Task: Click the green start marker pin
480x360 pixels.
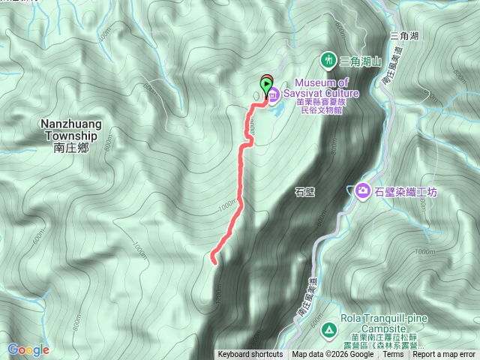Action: point(265,85)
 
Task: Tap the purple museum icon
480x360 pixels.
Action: point(274,94)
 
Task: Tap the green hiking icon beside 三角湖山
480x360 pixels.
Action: point(328,59)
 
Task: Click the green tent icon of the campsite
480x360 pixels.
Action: point(328,329)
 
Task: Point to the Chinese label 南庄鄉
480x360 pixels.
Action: point(71,148)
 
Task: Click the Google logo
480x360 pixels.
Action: point(28,349)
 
